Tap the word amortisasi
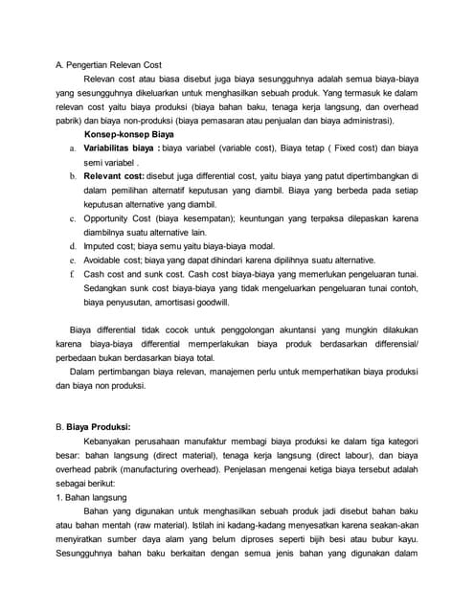click(168, 302)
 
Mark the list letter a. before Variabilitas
click(73, 149)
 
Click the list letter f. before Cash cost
click(73, 274)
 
